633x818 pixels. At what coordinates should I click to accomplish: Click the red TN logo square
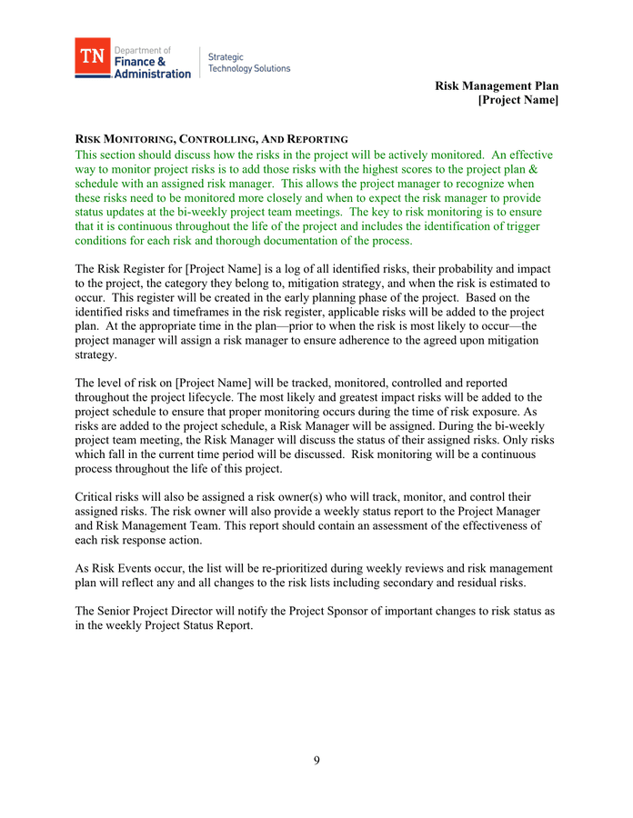point(92,56)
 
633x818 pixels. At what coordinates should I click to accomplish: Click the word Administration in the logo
point(153,74)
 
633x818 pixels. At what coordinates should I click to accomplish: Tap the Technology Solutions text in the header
point(249,68)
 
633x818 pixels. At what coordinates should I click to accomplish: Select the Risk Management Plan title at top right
point(497,85)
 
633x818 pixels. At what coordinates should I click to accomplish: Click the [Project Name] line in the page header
point(518,100)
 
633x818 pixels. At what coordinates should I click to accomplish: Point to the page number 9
point(316,761)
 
